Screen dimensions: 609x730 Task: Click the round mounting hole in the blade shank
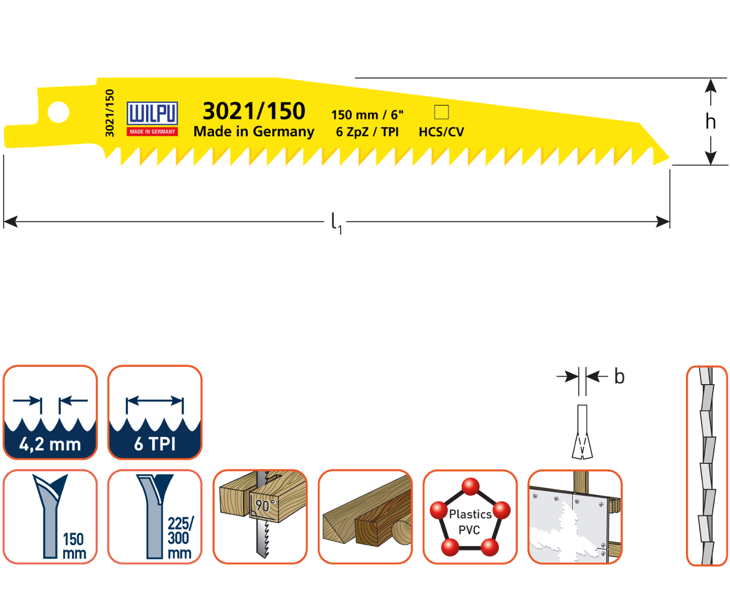pos(58,112)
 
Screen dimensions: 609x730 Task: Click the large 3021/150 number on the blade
pos(254,111)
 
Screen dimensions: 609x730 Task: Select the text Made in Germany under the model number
pos(254,131)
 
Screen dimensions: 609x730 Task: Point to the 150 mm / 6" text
pos(367,115)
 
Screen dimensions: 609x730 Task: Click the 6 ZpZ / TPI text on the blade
pos(367,132)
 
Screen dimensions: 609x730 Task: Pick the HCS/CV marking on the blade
pos(441,132)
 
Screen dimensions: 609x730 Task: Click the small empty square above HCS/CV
pos(442,112)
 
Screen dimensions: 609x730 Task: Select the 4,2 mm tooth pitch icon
pos(50,412)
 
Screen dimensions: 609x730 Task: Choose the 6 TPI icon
pos(155,412)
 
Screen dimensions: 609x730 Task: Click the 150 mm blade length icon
pos(50,516)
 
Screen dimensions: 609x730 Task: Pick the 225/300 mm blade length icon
pos(155,516)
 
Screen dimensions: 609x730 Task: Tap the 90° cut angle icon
pos(260,516)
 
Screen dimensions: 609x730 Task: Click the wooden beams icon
pos(365,516)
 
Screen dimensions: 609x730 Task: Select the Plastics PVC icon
pos(470,516)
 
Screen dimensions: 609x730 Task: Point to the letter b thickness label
pos(619,377)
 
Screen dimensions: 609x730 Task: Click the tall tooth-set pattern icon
pos(707,465)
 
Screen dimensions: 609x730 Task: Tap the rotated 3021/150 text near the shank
pos(109,113)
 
